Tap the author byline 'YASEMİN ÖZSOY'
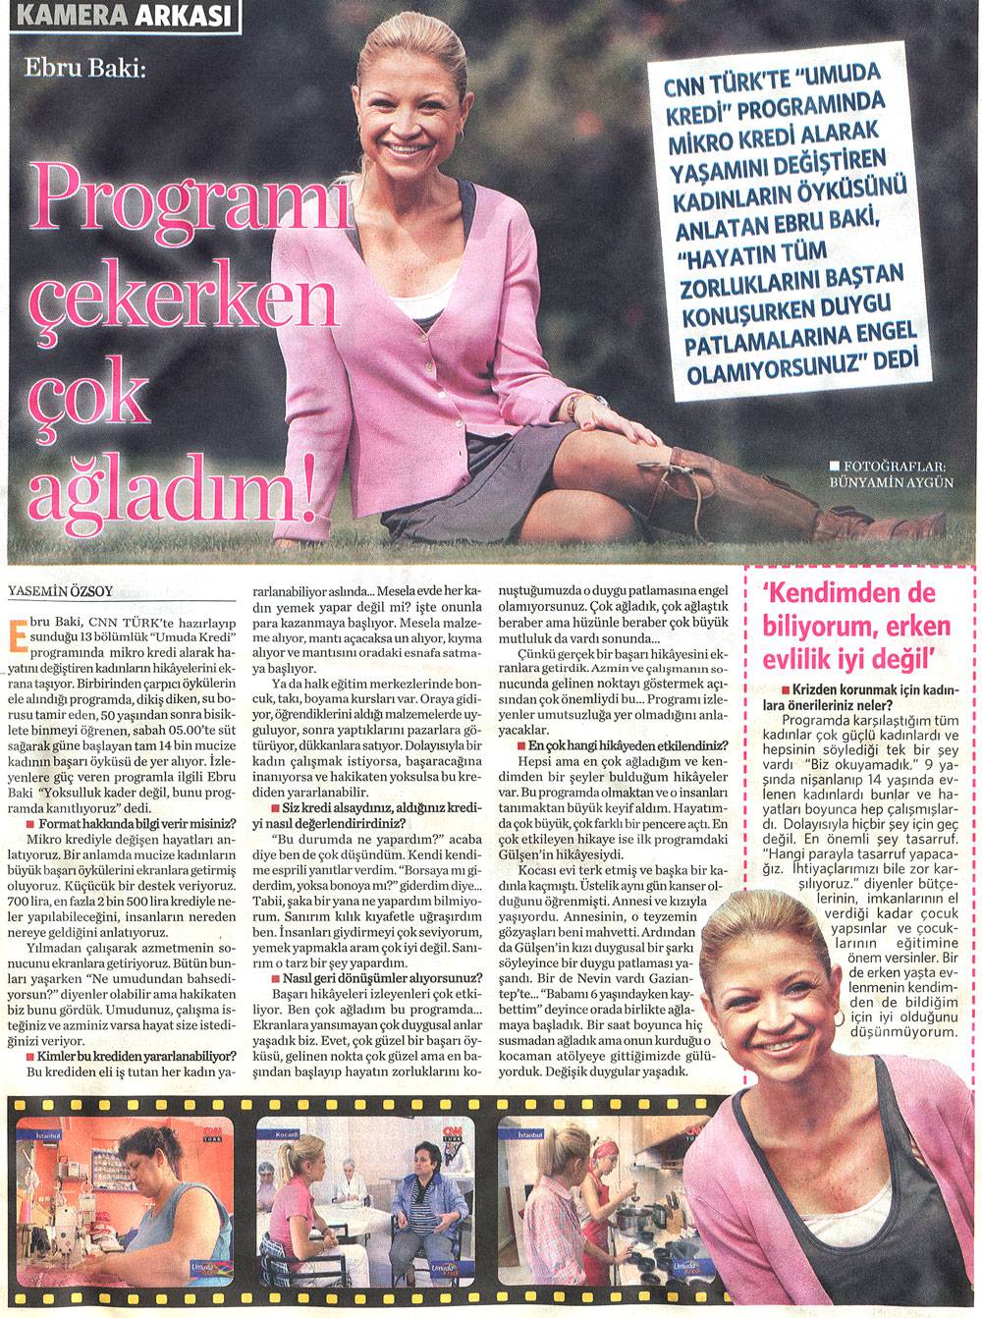pos(62,589)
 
